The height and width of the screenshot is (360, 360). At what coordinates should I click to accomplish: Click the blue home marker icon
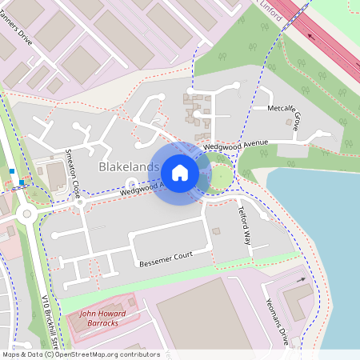180,172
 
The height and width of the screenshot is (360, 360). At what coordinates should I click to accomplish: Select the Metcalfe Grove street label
283,117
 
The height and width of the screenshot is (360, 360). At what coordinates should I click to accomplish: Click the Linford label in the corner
272,6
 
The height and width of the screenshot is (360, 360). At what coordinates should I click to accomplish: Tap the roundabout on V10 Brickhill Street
26,213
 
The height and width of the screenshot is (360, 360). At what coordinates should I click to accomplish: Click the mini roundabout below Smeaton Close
79,202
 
